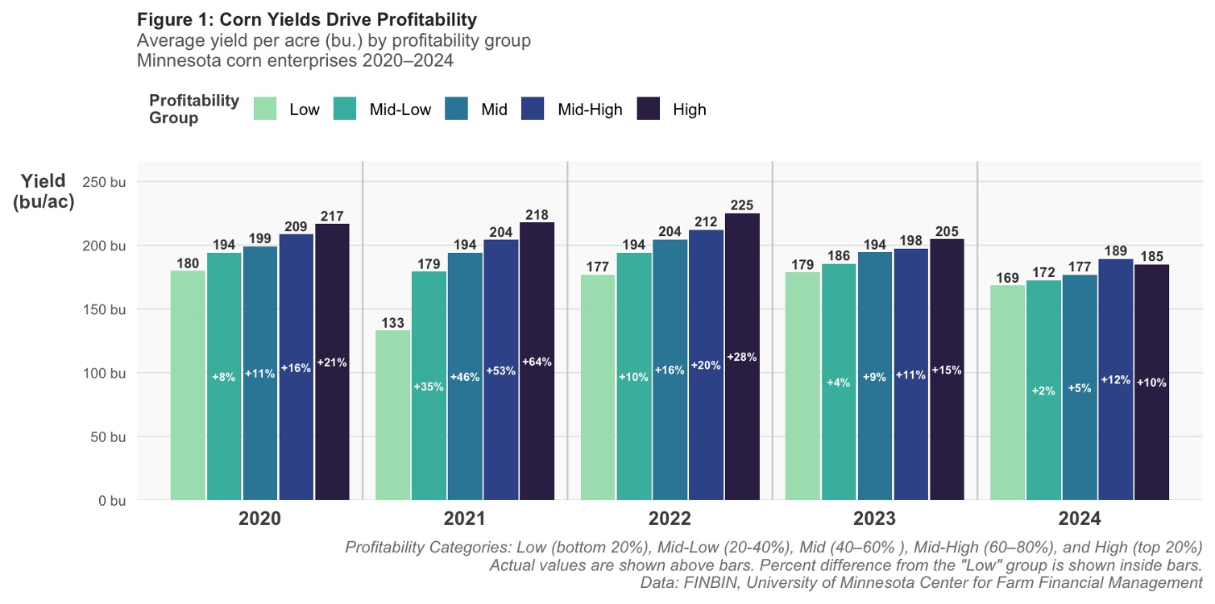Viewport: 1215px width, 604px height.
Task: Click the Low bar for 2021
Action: [392, 415]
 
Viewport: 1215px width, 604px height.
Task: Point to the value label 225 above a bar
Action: [742, 205]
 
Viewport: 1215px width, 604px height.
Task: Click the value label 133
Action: [392, 322]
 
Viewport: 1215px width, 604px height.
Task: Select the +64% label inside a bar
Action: [537, 362]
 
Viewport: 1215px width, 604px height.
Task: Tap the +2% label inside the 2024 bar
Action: [1043, 391]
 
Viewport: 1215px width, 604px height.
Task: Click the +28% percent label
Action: [742, 357]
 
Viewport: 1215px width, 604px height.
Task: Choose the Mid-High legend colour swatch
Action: [533, 109]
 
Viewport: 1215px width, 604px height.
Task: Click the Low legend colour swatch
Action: [265, 109]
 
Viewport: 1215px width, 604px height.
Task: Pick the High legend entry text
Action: [689, 110]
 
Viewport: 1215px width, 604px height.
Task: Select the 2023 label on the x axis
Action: [874, 519]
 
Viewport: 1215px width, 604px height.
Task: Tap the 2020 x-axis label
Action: [259, 519]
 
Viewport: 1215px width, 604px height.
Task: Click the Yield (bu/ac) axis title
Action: [44, 192]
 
